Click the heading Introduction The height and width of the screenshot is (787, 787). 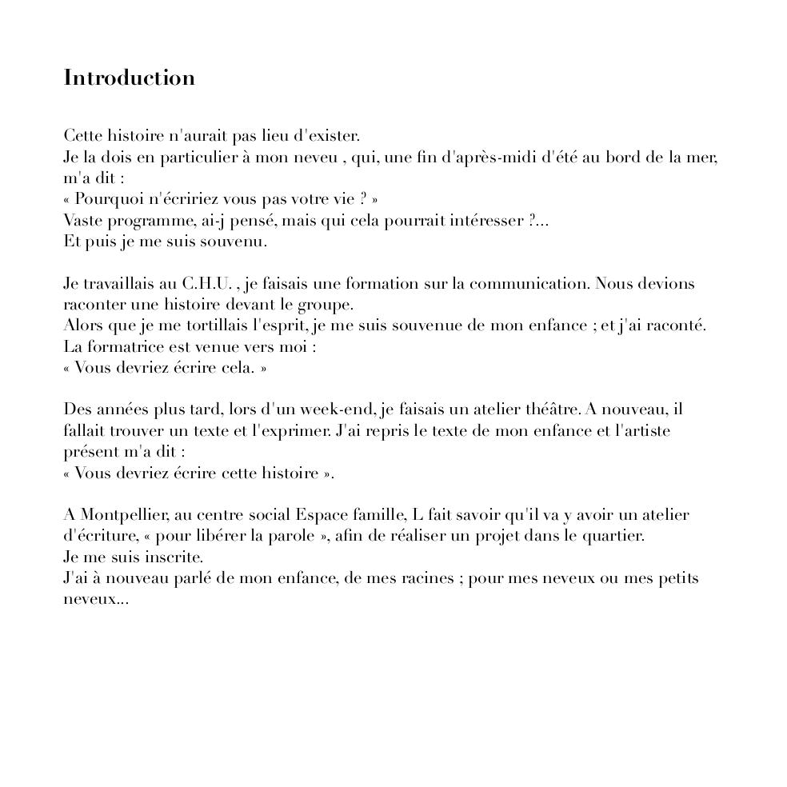tap(130, 78)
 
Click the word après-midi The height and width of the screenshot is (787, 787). tap(496, 158)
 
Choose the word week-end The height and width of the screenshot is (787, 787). tap(335, 409)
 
